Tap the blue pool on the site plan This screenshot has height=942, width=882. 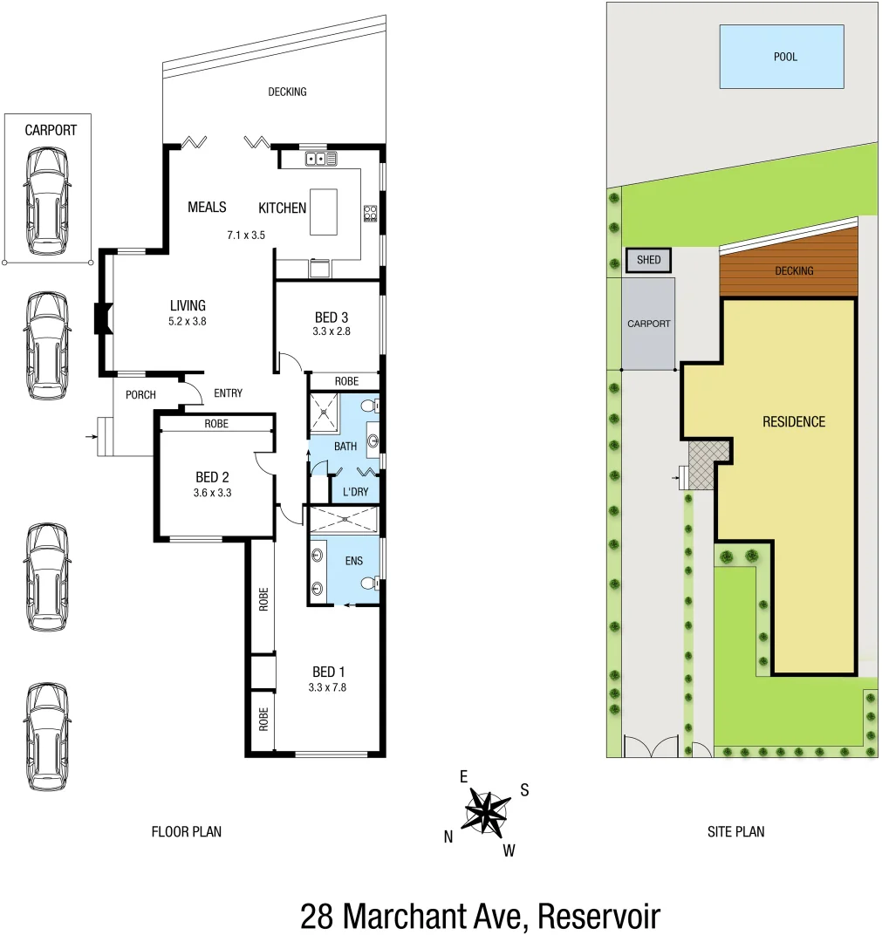(x=781, y=57)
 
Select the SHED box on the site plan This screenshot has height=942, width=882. (x=648, y=260)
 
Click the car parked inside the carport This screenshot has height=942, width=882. (x=47, y=201)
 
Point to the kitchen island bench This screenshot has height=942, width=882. (x=324, y=211)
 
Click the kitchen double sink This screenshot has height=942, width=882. (x=321, y=159)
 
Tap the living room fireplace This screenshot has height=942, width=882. (x=102, y=318)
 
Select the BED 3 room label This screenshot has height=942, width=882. (x=332, y=317)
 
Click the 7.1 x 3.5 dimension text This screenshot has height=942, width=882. (x=245, y=235)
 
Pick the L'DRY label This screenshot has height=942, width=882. (x=355, y=492)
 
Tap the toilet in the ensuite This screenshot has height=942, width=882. (x=371, y=583)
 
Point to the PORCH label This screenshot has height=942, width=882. (x=140, y=395)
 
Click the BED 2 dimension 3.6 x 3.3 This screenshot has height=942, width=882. (x=212, y=493)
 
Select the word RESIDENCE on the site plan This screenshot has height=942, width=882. (x=793, y=422)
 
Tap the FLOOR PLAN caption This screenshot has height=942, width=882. (x=187, y=832)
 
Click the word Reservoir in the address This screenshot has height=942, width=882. (x=599, y=917)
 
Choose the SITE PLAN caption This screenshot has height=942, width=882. (x=735, y=832)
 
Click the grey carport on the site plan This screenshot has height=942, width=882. (x=649, y=324)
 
